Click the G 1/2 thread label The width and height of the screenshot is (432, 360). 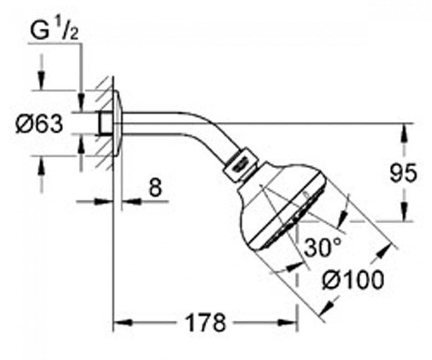[54, 31]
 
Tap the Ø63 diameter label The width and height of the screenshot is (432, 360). [40, 124]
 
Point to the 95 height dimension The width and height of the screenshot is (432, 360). [403, 173]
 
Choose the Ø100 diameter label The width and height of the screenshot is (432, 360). [353, 280]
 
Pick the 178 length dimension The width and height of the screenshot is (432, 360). [205, 322]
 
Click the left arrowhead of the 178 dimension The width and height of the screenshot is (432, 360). [122, 322]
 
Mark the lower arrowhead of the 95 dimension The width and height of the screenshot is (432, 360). [404, 212]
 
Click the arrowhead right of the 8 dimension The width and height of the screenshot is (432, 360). [131, 202]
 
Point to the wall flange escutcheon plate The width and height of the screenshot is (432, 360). [117, 123]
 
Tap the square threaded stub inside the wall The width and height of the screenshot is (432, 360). [105, 123]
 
